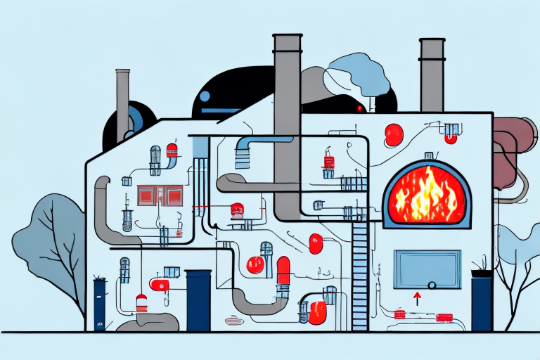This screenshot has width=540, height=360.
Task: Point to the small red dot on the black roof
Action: tap(359, 108)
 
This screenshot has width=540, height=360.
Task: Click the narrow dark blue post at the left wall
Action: tap(99, 304)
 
